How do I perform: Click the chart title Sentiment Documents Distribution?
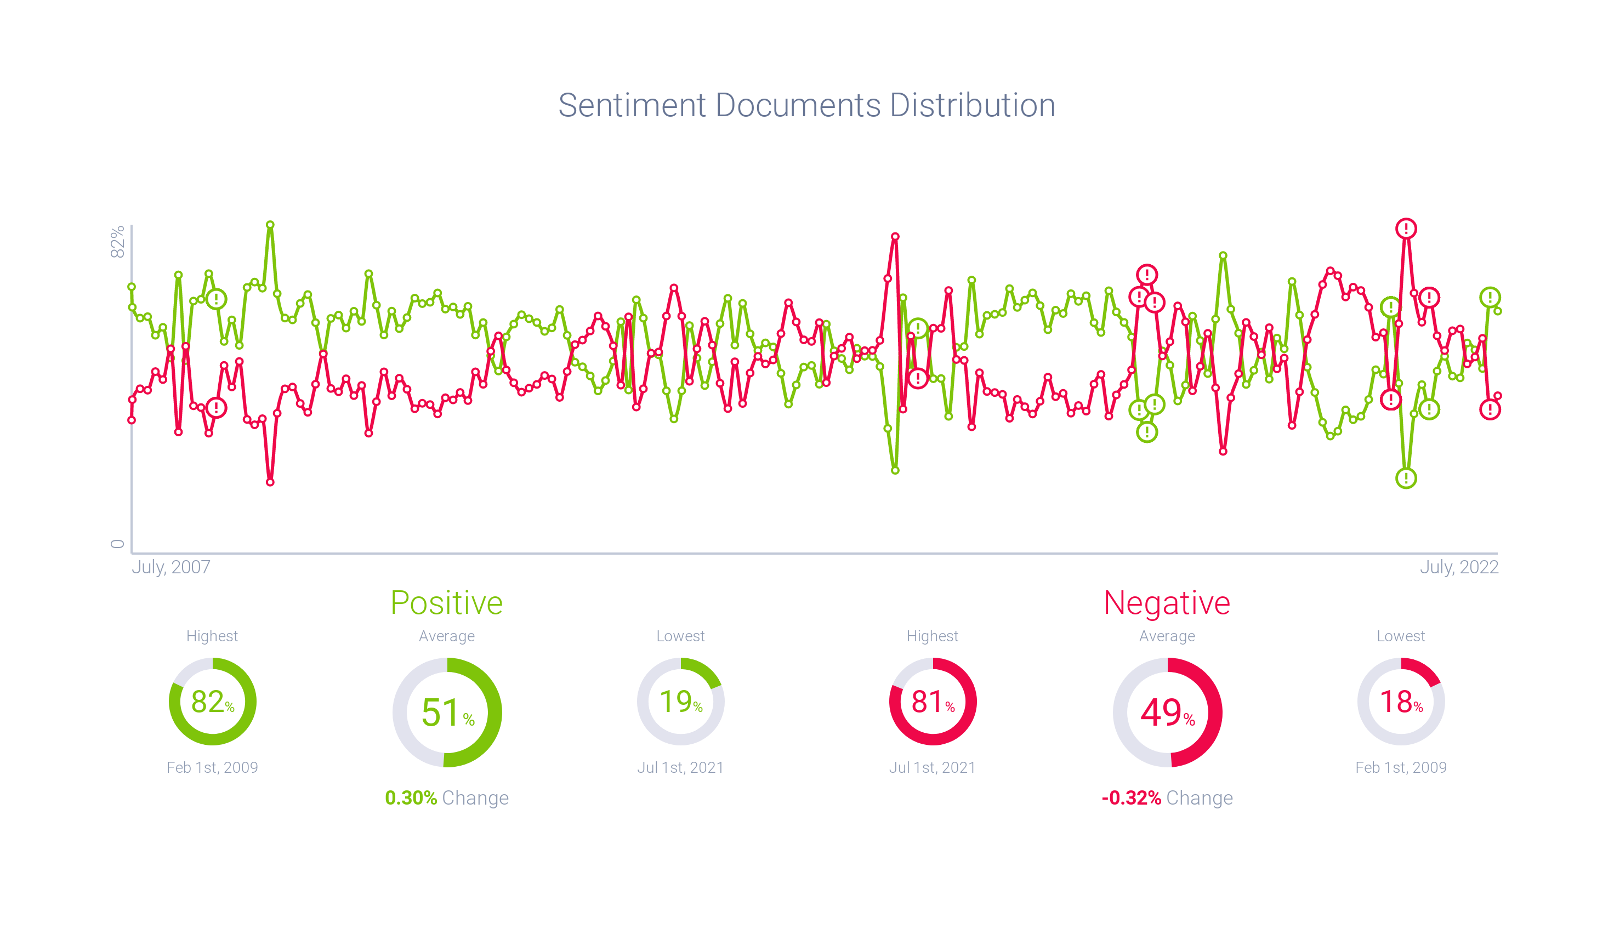click(806, 105)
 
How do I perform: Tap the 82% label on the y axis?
click(117, 242)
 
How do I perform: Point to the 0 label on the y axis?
click(117, 544)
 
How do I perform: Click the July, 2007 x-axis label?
click(171, 567)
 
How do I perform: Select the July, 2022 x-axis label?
click(1459, 567)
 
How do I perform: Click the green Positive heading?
click(446, 603)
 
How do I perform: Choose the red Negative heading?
click(1166, 603)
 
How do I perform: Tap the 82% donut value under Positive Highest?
click(212, 702)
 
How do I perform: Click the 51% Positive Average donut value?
click(447, 713)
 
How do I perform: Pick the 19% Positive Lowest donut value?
click(680, 702)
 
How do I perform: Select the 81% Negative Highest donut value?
click(933, 702)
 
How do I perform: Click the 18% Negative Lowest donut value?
click(1401, 702)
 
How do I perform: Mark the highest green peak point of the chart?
click(270, 225)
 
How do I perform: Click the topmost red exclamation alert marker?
click(1406, 229)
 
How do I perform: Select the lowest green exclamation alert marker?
click(1406, 478)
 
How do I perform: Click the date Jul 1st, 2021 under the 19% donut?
click(680, 767)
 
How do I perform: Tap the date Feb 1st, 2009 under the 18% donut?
click(1401, 767)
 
